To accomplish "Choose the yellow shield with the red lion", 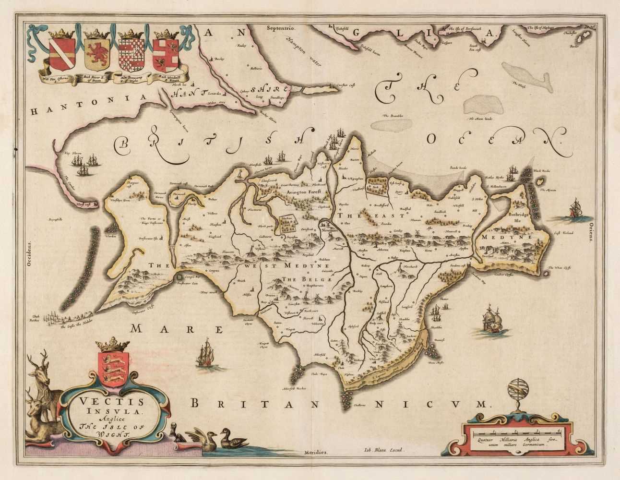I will (95, 55).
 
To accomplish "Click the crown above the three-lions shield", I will (114, 345).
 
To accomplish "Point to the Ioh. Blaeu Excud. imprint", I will (382, 450).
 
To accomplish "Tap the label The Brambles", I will (392, 116).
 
